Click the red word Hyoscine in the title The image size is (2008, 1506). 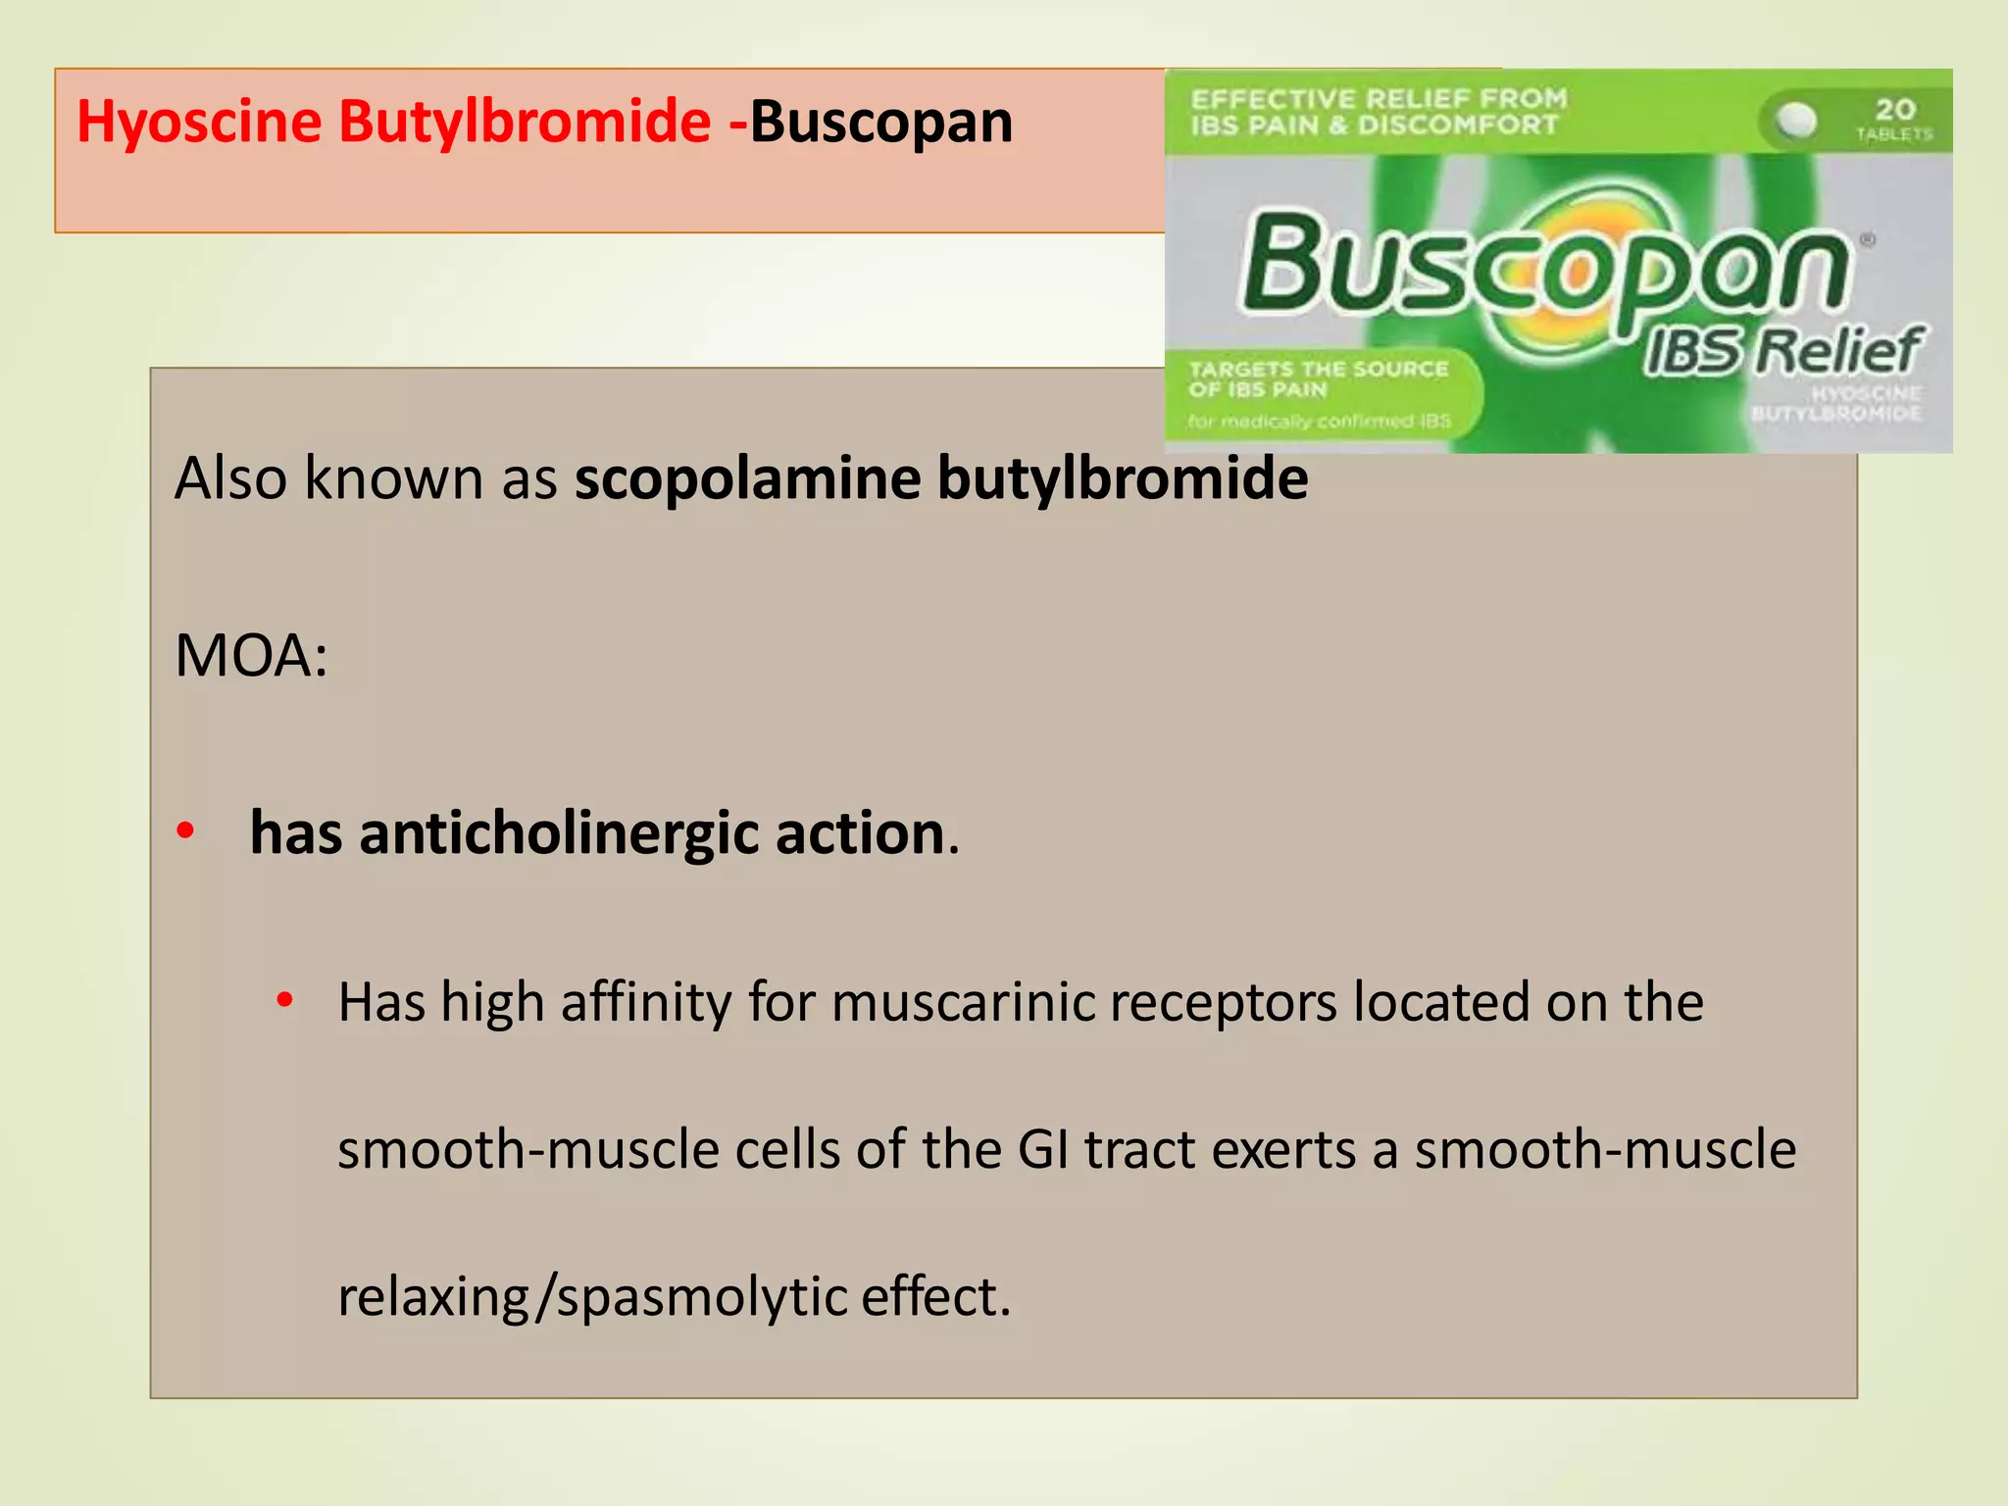(199, 123)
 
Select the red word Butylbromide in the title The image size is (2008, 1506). (525, 123)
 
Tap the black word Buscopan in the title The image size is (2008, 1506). (881, 123)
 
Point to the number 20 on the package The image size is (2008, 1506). (1894, 108)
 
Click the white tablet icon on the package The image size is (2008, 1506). (1797, 121)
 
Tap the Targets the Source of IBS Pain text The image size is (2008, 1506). (1318, 378)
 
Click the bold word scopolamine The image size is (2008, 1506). (747, 478)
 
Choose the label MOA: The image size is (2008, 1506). (251, 656)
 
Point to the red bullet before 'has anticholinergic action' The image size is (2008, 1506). (185, 831)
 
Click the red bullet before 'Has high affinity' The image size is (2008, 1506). (284, 1000)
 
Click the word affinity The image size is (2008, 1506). (646, 1003)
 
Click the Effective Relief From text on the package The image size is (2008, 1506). (1379, 99)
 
